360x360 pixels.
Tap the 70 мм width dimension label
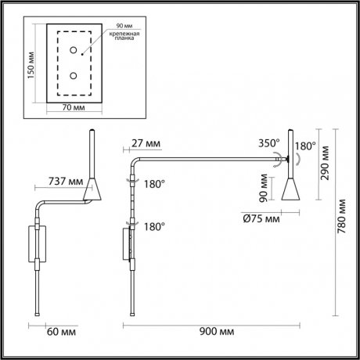[x=73, y=107]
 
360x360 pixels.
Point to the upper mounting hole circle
[x=74, y=52]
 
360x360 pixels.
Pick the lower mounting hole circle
[x=74, y=76]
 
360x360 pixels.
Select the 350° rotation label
[x=269, y=143]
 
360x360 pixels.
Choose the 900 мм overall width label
[x=217, y=333]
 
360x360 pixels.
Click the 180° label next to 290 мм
[x=305, y=146]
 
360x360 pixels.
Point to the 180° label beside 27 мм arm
[x=153, y=184]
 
